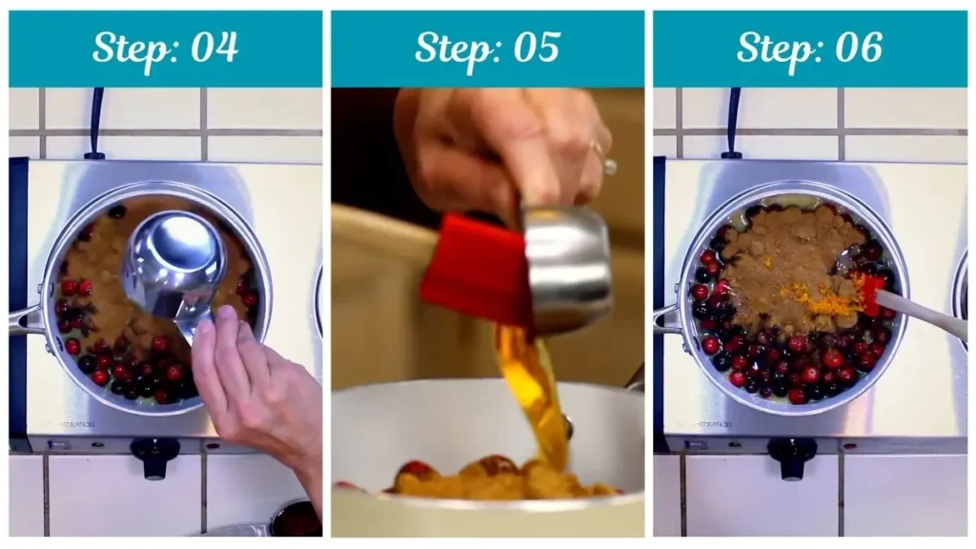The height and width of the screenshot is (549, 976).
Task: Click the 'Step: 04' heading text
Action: point(165,48)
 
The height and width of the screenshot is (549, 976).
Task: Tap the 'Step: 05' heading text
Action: point(487,48)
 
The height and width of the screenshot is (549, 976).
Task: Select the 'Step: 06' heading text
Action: point(809,48)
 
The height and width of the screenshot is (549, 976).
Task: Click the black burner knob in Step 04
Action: point(154,456)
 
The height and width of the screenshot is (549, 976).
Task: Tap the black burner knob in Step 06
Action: point(791,456)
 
